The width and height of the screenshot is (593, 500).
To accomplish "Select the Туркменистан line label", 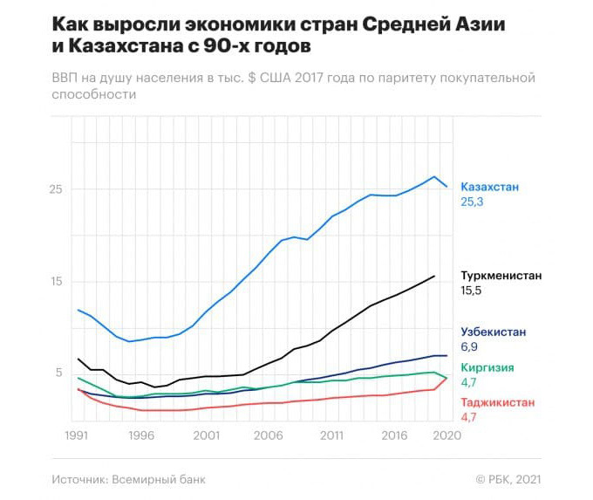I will point(501,276).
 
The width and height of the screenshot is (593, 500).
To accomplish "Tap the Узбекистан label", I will point(493,332).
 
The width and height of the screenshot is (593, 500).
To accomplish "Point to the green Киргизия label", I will point(486,367).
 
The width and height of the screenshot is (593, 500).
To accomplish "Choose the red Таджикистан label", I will point(497,402).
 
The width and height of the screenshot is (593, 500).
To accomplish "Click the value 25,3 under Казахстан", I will point(472,202).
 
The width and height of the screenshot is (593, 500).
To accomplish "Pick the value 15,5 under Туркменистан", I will point(472,291).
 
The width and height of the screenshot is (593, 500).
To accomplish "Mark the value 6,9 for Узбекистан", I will point(469,346).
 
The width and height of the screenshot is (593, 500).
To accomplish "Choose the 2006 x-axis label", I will point(268,435).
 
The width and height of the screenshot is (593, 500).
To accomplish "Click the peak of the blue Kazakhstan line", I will point(434,176).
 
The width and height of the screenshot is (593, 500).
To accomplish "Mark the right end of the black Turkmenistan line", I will point(434,276).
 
